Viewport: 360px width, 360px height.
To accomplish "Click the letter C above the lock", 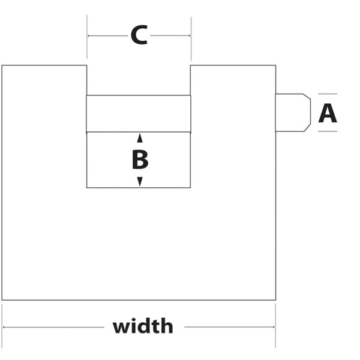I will [x=139, y=35].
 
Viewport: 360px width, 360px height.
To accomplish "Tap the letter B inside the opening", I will [x=140, y=160].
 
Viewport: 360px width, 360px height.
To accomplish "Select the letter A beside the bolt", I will [x=328, y=113].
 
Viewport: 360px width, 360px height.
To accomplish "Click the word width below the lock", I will [x=143, y=327].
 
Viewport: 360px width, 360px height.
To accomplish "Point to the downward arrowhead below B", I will [x=140, y=181].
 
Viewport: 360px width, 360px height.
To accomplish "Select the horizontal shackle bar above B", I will [x=139, y=113].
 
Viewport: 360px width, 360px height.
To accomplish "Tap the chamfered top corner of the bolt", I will [x=307, y=97].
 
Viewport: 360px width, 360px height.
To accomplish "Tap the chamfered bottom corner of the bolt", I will [x=307, y=128].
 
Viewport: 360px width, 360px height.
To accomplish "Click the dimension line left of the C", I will [x=108, y=36].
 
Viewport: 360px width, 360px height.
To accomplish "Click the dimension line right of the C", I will [x=170, y=36].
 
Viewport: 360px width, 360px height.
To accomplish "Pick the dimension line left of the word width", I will [x=54, y=328].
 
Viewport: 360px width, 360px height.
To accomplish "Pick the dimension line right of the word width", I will [x=229, y=328].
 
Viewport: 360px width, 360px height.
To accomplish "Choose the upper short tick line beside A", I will [x=328, y=94].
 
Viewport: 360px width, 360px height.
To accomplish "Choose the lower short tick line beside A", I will [x=328, y=131].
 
